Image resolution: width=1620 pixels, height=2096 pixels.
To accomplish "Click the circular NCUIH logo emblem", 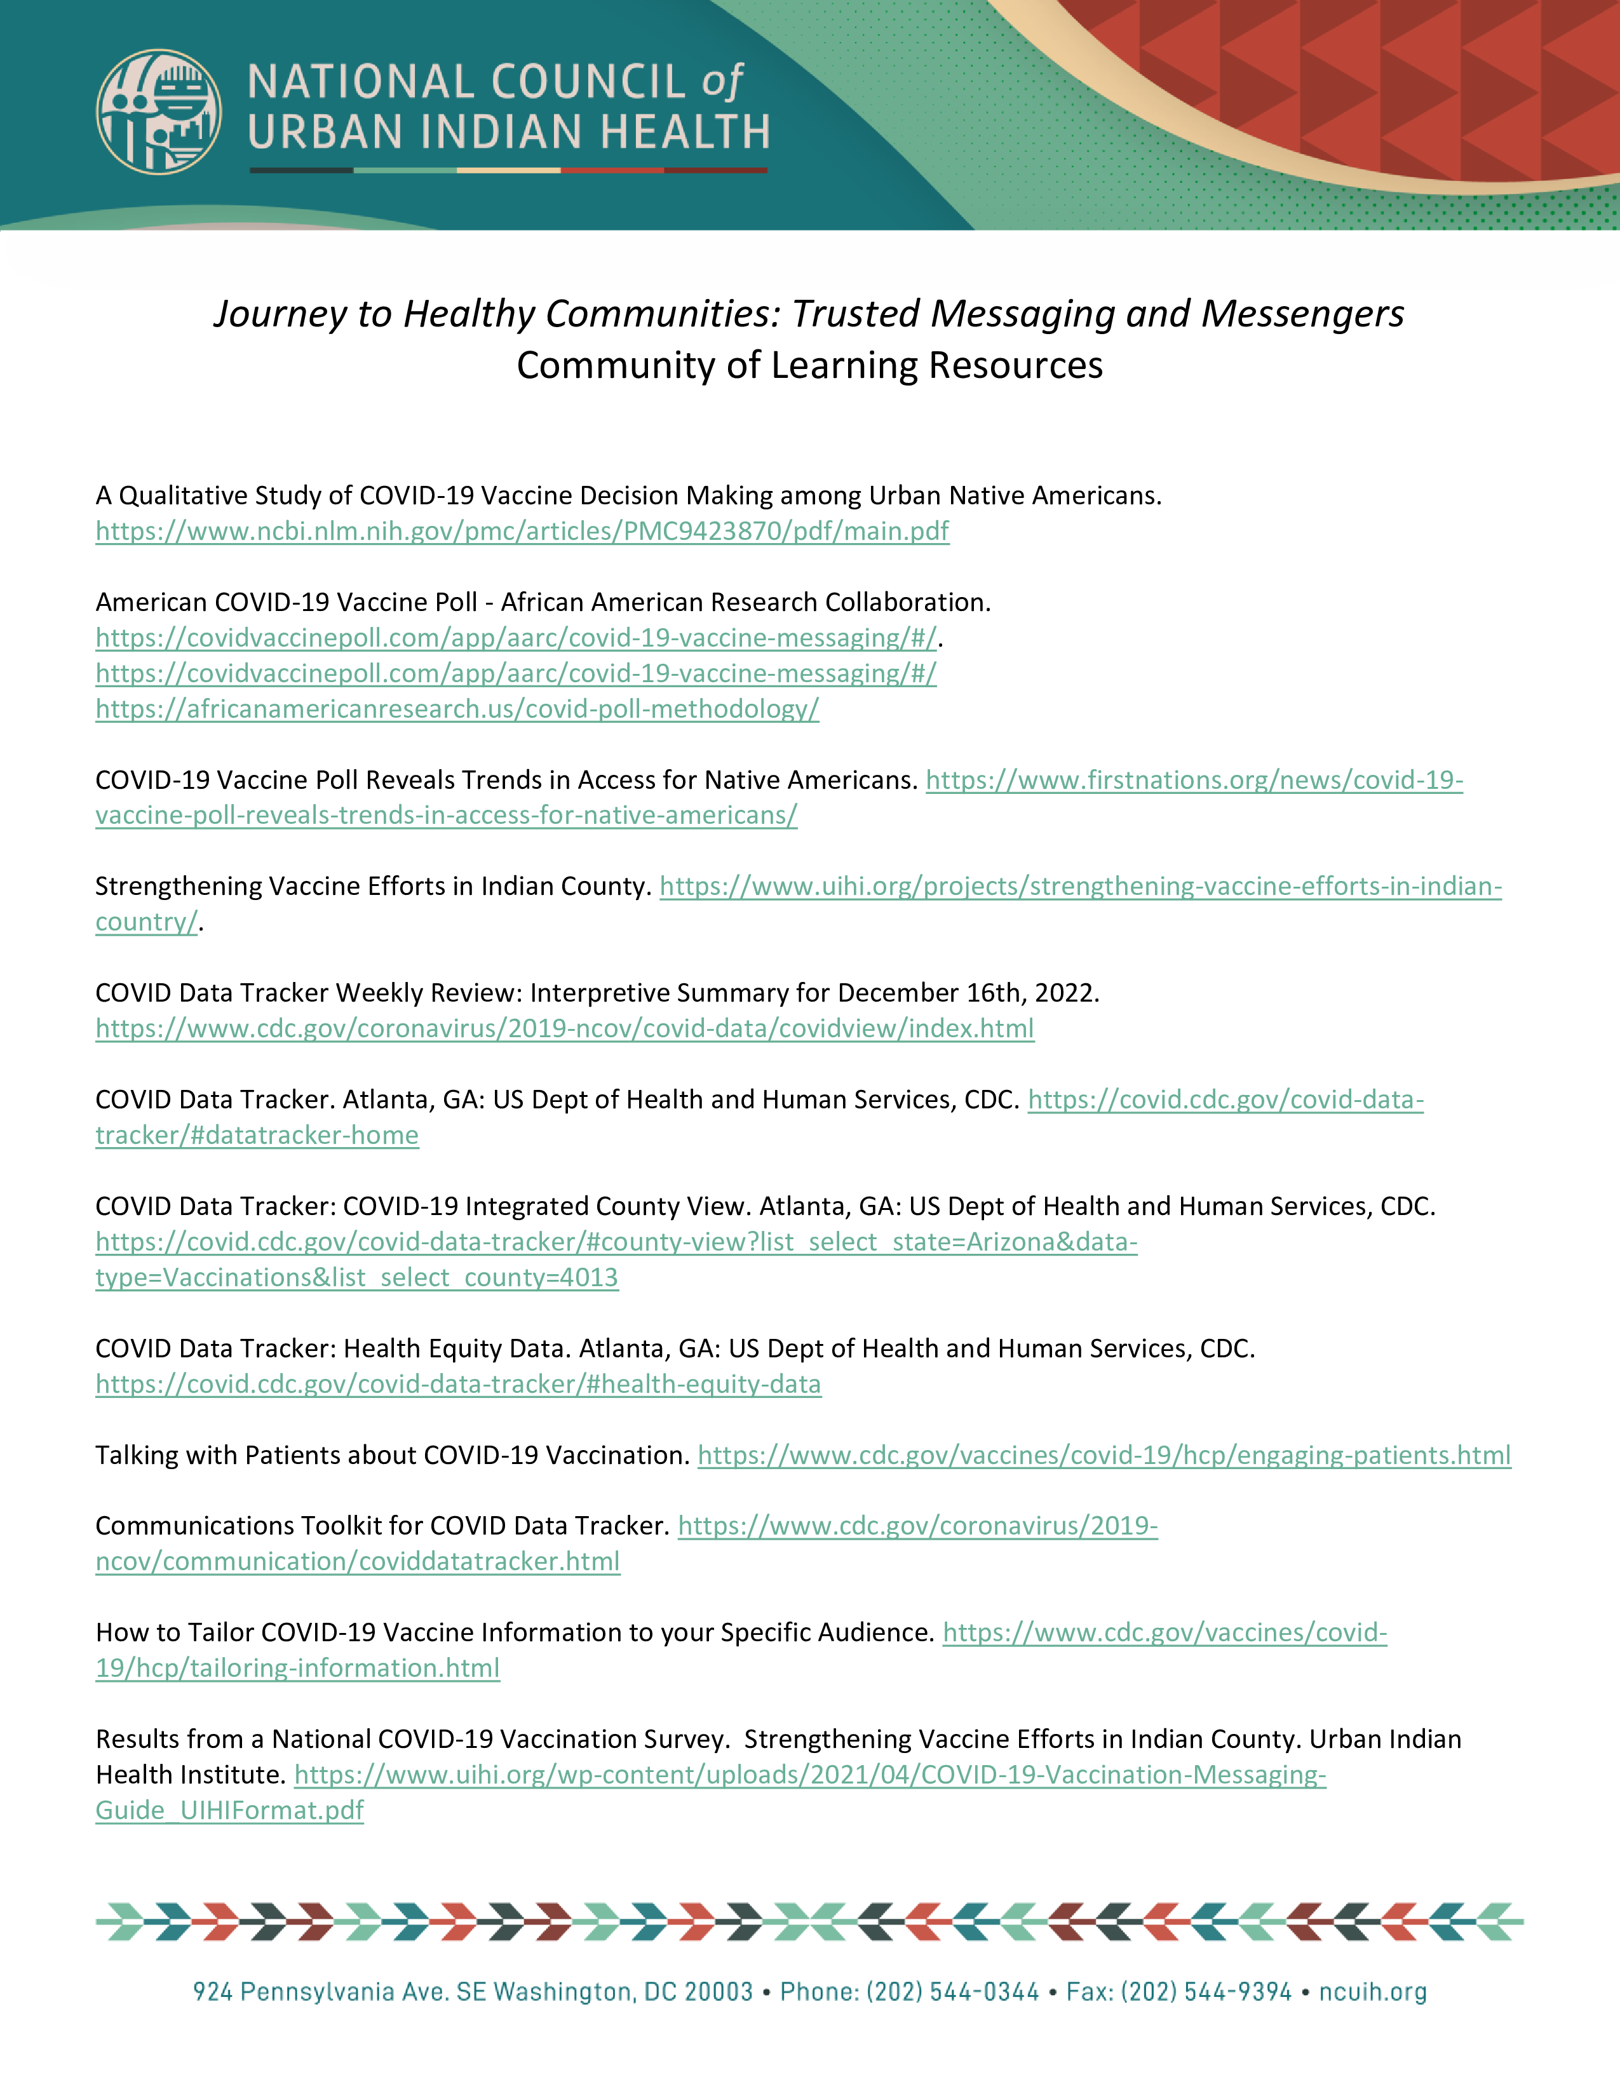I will point(158,111).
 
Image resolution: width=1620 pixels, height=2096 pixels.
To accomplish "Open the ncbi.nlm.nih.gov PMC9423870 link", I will point(522,532).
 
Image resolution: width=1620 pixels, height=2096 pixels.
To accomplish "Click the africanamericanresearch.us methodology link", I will point(457,709).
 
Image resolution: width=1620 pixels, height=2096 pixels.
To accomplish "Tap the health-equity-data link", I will point(458,1385).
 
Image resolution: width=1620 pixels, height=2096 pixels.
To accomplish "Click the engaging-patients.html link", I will point(1104,1456).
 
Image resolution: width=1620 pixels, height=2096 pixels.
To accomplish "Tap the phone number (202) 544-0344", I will point(952,1992).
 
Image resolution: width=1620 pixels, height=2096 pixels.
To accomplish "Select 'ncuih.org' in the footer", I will point(1372,1992).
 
